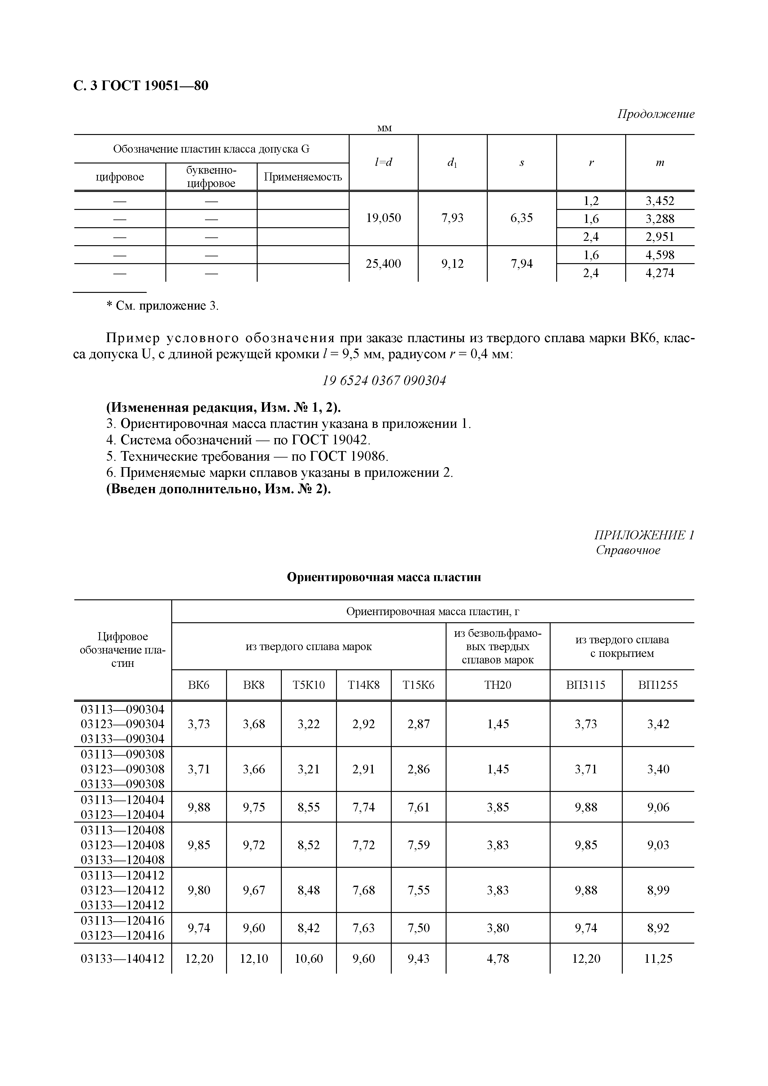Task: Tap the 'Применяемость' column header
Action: pos(303,177)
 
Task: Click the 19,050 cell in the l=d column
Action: pos(383,218)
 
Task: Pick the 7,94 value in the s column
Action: pos(521,263)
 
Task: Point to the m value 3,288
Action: pos(660,219)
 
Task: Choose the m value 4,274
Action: pos(660,273)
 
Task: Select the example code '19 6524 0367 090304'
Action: pos(384,381)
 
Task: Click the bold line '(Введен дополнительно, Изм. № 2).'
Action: pos(218,489)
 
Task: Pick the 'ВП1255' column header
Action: pos(658,685)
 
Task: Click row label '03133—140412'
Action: pos(123,959)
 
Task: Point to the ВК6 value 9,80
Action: pos(199,890)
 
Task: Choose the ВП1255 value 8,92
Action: pos(658,928)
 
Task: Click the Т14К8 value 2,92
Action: pos(364,724)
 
